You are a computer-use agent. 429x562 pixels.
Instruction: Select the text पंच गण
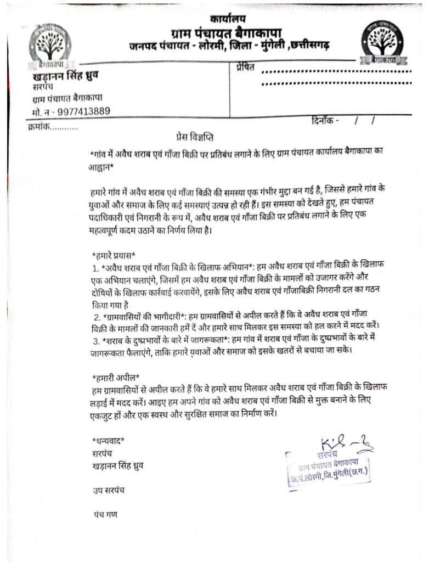coord(103,515)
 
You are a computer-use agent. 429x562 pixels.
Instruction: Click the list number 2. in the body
coord(96,318)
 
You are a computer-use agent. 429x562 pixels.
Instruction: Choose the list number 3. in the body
coord(96,342)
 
